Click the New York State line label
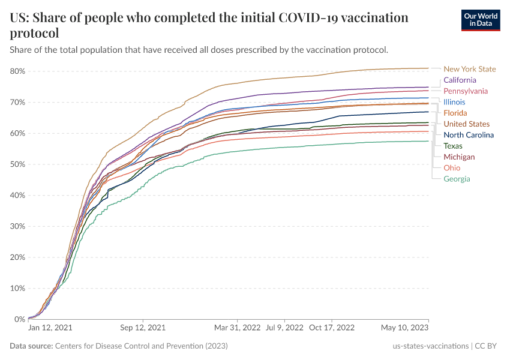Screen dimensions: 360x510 pos(470,69)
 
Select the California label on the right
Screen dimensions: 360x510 pos(460,80)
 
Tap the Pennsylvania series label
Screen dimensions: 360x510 pos(466,91)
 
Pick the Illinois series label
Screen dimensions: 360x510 pos(454,102)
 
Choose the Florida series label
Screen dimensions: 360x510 pos(455,113)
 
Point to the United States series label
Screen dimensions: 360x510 pos(467,124)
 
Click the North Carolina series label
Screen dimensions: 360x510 pos(469,135)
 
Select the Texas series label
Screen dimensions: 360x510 pos(453,146)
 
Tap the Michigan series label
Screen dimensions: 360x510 pos(459,157)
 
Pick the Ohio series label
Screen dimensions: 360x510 pos(452,168)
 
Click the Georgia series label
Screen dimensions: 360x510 pos(457,179)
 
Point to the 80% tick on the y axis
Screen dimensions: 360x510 pos(17,71)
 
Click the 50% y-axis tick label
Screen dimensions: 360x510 pos(17,164)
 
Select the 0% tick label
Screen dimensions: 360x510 pos(20,319)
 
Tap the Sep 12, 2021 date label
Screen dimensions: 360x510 pos(143,328)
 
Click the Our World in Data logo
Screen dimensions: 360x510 pos(480,20)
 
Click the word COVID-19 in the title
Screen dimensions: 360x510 pos(311,18)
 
